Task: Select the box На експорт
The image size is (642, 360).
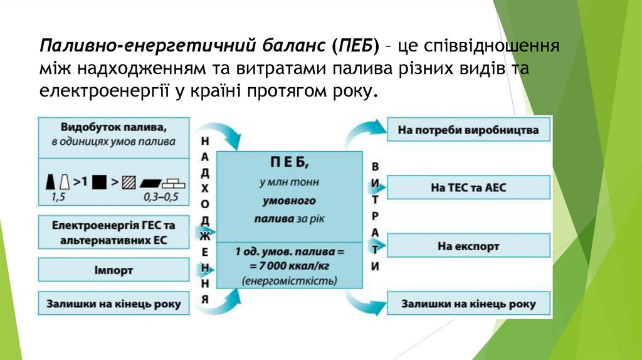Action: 468,246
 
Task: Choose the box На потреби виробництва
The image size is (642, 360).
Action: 468,131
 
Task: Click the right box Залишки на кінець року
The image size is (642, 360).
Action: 468,304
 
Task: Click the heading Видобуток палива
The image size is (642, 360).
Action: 113,127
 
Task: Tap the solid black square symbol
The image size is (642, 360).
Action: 98,183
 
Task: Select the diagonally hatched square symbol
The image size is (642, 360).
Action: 129,183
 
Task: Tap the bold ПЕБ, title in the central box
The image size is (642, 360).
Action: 289,164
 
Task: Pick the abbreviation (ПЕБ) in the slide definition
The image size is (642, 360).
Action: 356,46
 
